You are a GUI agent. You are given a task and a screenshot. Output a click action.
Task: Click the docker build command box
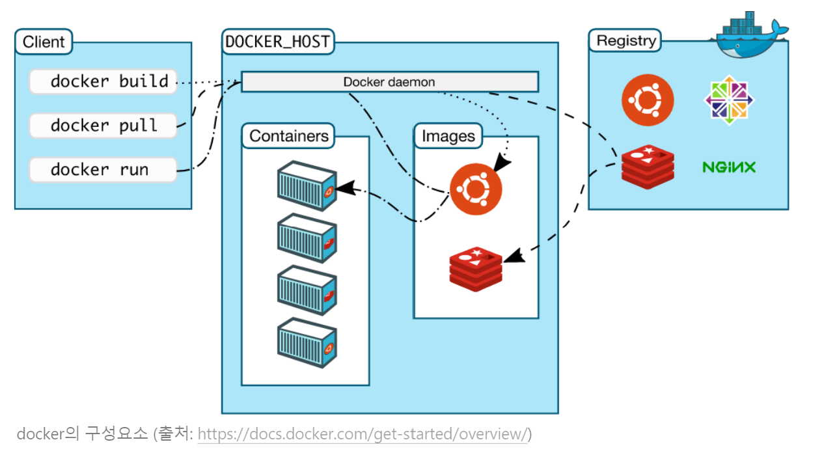tap(103, 81)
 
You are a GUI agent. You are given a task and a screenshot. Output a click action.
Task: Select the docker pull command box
tap(103, 126)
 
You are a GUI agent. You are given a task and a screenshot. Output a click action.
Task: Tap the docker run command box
tap(103, 170)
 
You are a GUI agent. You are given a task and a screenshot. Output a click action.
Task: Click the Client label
tap(44, 42)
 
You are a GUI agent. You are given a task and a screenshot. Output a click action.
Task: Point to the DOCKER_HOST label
tap(278, 42)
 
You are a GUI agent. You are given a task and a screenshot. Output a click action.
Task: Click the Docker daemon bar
tap(390, 81)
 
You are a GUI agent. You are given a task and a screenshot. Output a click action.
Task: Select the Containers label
tap(288, 136)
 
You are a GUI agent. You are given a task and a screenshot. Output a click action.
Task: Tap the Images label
tap(448, 136)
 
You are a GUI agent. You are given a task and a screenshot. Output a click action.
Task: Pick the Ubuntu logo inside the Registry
tap(648, 100)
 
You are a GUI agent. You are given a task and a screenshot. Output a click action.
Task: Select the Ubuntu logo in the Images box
tap(476, 189)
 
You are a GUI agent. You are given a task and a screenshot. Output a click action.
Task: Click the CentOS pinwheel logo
tap(729, 100)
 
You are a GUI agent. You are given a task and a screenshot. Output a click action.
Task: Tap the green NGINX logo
tap(729, 167)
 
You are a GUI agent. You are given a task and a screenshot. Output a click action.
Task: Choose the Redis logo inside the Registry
tap(648, 167)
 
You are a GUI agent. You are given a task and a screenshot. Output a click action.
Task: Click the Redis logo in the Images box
tap(476, 269)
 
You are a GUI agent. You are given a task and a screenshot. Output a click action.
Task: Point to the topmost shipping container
tap(307, 186)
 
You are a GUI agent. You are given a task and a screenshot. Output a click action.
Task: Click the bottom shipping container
tap(307, 343)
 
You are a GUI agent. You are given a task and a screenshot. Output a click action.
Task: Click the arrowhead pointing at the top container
tap(346, 187)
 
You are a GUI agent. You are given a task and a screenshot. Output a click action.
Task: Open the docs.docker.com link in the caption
tap(363, 434)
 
